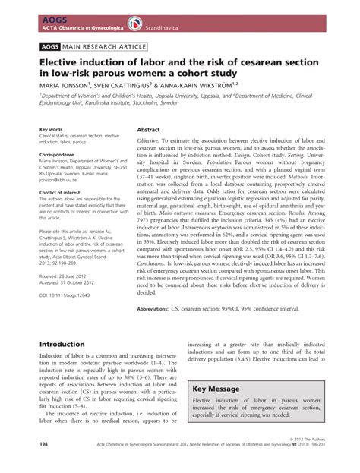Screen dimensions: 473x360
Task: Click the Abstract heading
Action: pos(147,130)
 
